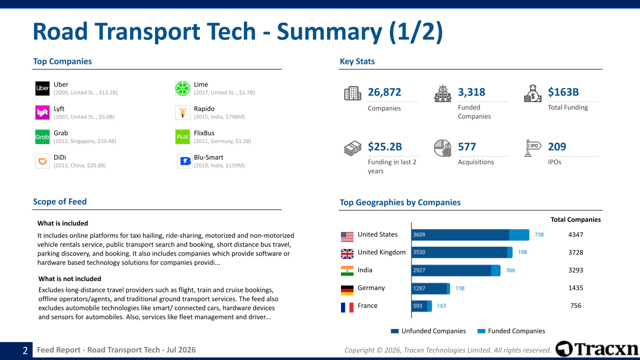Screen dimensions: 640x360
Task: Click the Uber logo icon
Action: (x=42, y=88)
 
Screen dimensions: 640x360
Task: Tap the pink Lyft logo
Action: (x=42, y=112)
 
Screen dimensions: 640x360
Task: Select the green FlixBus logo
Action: (x=182, y=137)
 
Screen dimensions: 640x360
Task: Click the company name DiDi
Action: (x=59, y=157)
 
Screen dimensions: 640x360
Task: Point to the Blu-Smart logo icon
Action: (x=185, y=161)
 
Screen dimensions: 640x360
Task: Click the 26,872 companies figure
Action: (x=384, y=92)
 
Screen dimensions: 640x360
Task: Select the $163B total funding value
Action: (x=563, y=92)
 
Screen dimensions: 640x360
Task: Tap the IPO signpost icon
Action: (x=532, y=148)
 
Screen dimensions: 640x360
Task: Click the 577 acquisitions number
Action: (x=467, y=146)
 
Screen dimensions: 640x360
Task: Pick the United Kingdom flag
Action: (x=347, y=253)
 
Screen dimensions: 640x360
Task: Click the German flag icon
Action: (x=347, y=290)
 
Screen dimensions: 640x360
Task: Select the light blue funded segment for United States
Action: (x=519, y=235)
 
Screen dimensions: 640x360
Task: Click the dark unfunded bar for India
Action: (x=451, y=270)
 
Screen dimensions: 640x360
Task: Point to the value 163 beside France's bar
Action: (x=441, y=305)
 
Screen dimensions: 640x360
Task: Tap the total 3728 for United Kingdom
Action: (x=575, y=252)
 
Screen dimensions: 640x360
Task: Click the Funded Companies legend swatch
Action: (x=481, y=331)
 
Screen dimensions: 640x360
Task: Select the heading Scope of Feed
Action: (x=59, y=201)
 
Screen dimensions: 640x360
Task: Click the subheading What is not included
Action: (x=69, y=278)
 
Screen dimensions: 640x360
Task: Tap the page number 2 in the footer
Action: (x=25, y=350)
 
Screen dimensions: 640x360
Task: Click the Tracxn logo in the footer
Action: (x=597, y=349)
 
